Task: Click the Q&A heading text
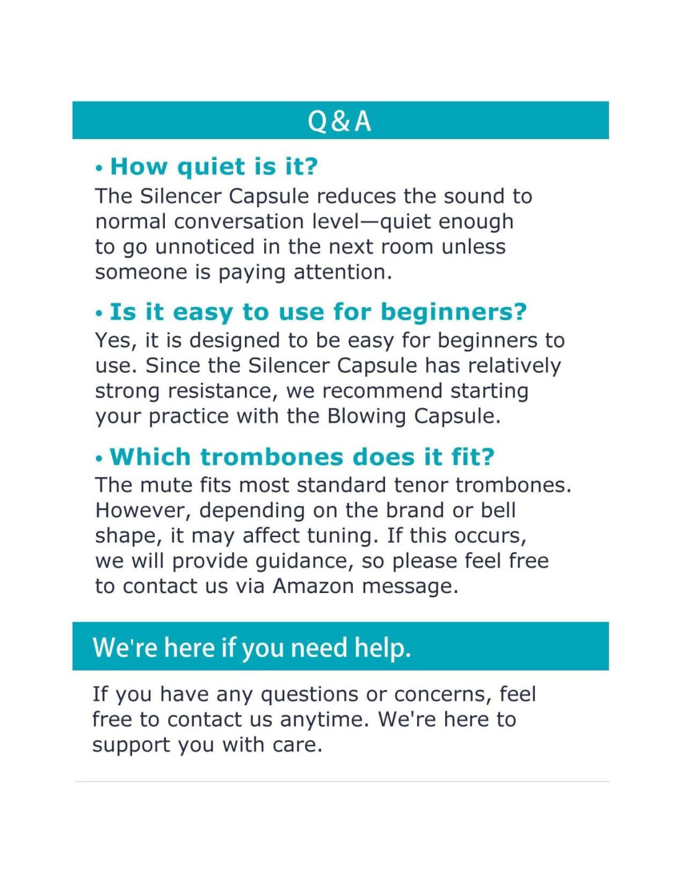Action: [x=340, y=121]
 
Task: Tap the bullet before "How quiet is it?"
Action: [x=99, y=169]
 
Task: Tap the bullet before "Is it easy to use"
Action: [x=99, y=314]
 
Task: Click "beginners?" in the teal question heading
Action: [x=453, y=312]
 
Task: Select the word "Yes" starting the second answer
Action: [x=114, y=341]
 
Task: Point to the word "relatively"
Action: [x=514, y=365]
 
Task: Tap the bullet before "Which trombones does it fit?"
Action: [x=99, y=459]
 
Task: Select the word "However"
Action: [x=143, y=510]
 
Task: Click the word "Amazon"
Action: [x=313, y=586]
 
